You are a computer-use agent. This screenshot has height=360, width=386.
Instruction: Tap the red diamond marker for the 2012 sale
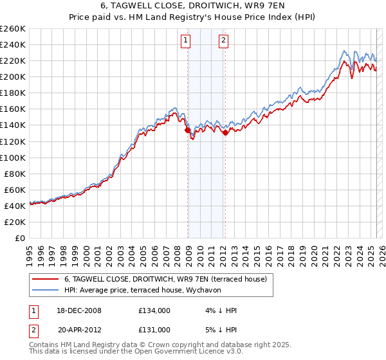pyautogui.click(x=225, y=132)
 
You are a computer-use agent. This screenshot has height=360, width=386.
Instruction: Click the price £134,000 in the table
pyautogui.click(x=154, y=310)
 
